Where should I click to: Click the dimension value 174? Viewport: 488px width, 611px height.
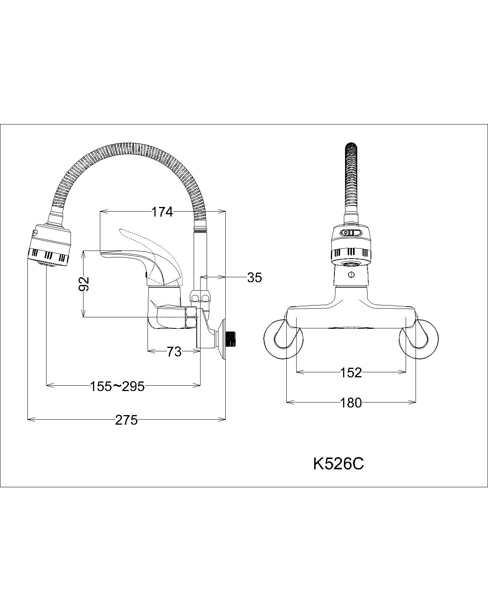pyautogui.click(x=162, y=212)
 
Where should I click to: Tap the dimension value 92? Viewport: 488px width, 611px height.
pyautogui.click(x=84, y=284)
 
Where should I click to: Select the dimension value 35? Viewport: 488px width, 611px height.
pyautogui.click(x=254, y=278)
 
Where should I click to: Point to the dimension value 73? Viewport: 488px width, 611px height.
pyautogui.click(x=174, y=352)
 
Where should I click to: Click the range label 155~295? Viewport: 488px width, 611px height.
pyautogui.click(x=117, y=386)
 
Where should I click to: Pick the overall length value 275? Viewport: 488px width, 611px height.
pyautogui.click(x=126, y=420)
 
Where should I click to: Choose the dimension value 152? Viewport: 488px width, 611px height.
pyautogui.click(x=351, y=372)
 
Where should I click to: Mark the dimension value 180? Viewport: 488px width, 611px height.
pyautogui.click(x=351, y=402)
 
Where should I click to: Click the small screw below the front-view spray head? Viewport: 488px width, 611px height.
pyautogui.click(x=351, y=274)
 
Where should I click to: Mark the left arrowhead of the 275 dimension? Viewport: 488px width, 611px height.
pyautogui.click(x=29, y=420)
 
